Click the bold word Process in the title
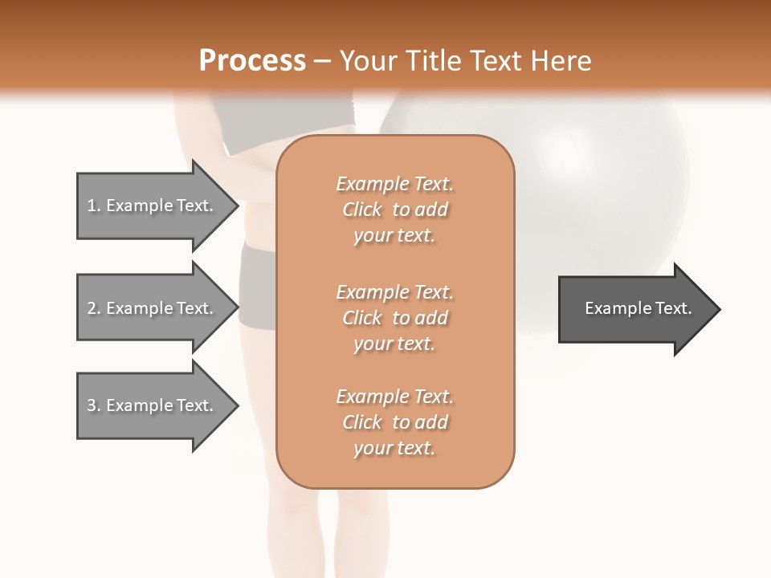[252, 61]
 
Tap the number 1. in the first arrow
[94, 206]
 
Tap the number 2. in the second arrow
[94, 308]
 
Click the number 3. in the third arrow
[94, 405]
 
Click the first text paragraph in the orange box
[394, 210]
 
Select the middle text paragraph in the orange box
[394, 318]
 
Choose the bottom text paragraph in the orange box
[394, 422]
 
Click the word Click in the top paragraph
[362, 210]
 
